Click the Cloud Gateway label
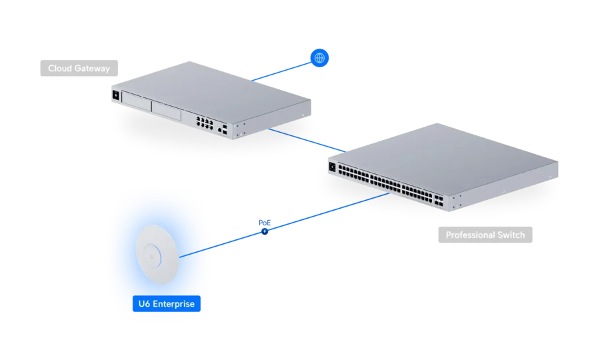coord(79,68)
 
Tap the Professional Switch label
coord(485,235)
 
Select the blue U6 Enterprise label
coord(167,304)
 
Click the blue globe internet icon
coord(319,58)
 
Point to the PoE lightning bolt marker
coord(265,231)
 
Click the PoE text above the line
coord(265,223)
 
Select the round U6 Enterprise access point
coord(157,254)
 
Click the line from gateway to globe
coord(281,71)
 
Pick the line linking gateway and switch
coord(307,141)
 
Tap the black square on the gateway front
coord(116,95)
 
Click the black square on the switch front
coord(332,167)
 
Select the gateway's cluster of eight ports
coord(205,123)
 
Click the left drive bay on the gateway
coord(136,102)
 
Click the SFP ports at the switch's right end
coord(439,201)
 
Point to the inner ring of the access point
coord(152,255)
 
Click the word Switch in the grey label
coord(511,235)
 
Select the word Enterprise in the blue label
coord(174,304)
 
